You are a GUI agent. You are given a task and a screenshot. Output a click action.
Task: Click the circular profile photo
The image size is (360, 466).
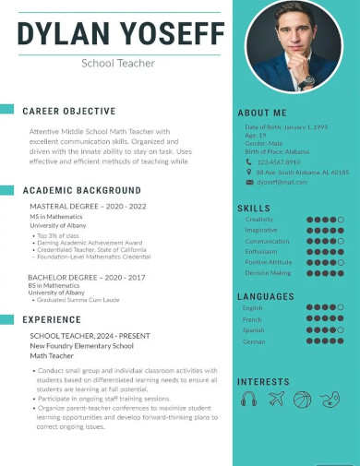(x=294, y=46)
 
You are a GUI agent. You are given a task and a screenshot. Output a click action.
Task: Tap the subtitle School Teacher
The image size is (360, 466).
(x=118, y=64)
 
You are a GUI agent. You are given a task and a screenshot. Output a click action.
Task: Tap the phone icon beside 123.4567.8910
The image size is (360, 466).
(x=248, y=161)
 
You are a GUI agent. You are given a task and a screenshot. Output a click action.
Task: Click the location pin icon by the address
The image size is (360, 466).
(x=248, y=172)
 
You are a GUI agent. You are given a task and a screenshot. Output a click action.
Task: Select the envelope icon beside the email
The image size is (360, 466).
(x=248, y=182)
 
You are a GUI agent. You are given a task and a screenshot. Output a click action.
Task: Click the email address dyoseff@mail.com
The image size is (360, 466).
(x=282, y=182)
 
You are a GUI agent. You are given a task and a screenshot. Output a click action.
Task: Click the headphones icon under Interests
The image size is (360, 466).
(x=249, y=399)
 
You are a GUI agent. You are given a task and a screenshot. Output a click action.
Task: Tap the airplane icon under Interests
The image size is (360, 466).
(x=276, y=399)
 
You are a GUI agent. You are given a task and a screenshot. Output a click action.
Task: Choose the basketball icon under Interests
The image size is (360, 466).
(x=302, y=399)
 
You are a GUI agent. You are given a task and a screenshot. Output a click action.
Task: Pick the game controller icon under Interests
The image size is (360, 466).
(x=330, y=399)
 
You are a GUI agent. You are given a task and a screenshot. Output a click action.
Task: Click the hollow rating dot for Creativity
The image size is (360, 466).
(x=341, y=220)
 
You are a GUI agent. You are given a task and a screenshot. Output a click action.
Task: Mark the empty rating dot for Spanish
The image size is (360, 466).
(x=341, y=330)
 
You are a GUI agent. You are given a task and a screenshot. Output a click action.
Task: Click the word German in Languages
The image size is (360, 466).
(x=254, y=341)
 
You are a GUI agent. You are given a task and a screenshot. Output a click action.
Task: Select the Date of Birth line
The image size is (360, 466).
(x=285, y=126)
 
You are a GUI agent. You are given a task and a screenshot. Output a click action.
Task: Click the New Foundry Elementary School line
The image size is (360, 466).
(x=81, y=345)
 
